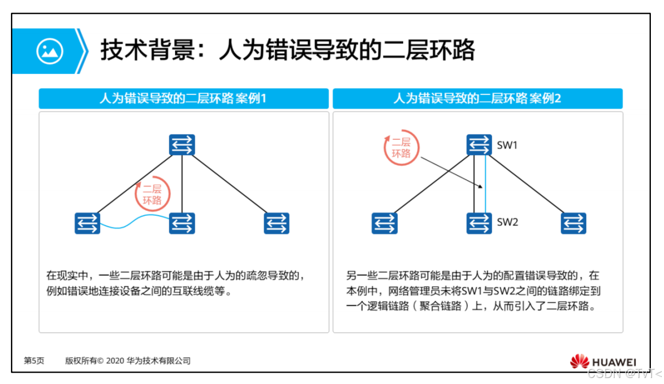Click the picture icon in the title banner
[x=50, y=51]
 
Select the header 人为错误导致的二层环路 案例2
[x=477, y=99]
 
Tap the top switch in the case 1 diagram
[x=182, y=145]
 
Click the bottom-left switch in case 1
[x=88, y=223]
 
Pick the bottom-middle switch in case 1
[x=182, y=223]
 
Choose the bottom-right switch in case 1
[x=276, y=223]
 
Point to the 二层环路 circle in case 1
[x=152, y=194]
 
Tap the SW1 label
[x=507, y=146]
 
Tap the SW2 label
[x=507, y=222]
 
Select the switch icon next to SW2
[x=480, y=223]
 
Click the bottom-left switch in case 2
[x=385, y=223]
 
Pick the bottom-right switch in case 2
[x=573, y=223]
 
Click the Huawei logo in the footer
[x=603, y=362]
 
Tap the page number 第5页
[x=34, y=361]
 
